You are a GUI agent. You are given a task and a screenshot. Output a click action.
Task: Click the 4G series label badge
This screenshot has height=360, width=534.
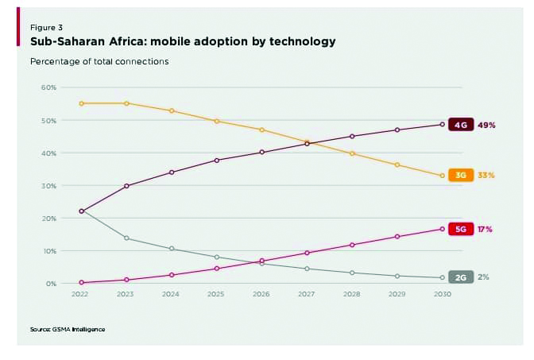pos(461,125)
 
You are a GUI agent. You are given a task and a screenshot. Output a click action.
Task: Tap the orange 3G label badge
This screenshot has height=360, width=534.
pos(461,175)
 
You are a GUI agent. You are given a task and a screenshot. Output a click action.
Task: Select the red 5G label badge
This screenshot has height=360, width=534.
pos(461,229)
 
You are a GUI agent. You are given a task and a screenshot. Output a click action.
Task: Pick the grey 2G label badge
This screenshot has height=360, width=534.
pos(461,277)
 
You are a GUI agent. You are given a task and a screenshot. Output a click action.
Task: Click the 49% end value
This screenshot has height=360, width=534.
pos(486,125)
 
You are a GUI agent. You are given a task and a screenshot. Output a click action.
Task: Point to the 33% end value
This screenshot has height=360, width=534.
pos(486,175)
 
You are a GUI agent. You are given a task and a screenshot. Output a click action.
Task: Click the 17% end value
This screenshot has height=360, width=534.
pos(485,229)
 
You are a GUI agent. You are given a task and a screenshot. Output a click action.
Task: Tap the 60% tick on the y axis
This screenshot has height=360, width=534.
pos(48,87)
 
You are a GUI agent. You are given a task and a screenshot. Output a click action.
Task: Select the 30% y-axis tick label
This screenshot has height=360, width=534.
pos(48,185)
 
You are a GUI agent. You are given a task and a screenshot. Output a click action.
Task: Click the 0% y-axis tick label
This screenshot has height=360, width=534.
pos(51,283)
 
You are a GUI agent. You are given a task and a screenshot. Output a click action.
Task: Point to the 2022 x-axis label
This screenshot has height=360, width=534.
pos(80,294)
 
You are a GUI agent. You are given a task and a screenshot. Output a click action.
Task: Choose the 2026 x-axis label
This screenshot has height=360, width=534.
pos(261,294)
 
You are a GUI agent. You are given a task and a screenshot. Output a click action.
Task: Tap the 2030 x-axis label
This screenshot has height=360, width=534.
pos(443,294)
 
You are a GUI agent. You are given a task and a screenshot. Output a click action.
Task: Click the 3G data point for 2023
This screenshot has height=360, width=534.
pos(126,103)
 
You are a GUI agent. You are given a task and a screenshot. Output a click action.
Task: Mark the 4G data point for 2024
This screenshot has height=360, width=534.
pos(171,172)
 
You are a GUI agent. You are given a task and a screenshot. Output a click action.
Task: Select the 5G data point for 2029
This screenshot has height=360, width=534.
pos(397,236)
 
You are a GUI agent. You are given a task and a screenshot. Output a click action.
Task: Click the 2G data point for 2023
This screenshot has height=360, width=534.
pos(126,238)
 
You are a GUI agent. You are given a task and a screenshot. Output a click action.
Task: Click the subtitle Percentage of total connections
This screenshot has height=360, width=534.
pos(99,60)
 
